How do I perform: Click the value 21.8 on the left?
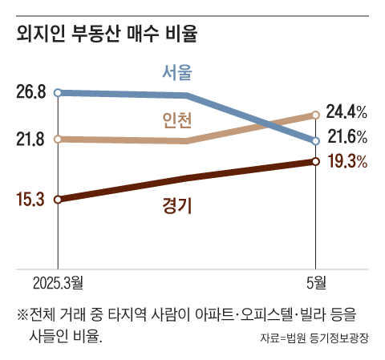(x=30, y=140)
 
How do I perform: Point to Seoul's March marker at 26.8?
(x=58, y=93)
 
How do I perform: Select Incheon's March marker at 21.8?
(x=58, y=140)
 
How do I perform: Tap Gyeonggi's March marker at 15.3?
(x=58, y=199)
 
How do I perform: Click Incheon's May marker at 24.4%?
(x=315, y=115)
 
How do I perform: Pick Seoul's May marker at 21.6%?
(x=315, y=141)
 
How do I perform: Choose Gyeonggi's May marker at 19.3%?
(x=315, y=162)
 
